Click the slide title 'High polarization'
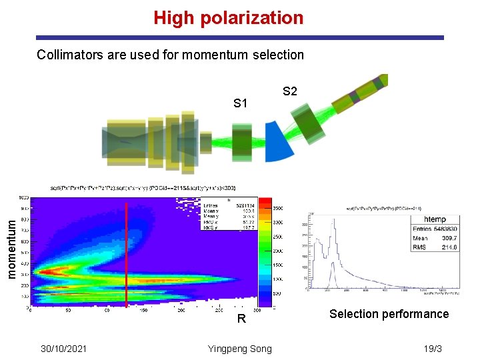click(228, 18)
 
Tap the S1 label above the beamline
click(241, 103)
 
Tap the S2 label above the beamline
click(290, 91)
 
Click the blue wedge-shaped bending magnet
click(279, 143)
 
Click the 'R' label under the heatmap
click(242, 319)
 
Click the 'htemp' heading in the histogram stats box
click(435, 219)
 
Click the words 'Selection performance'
click(389, 314)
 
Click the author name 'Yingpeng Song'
click(239, 349)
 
